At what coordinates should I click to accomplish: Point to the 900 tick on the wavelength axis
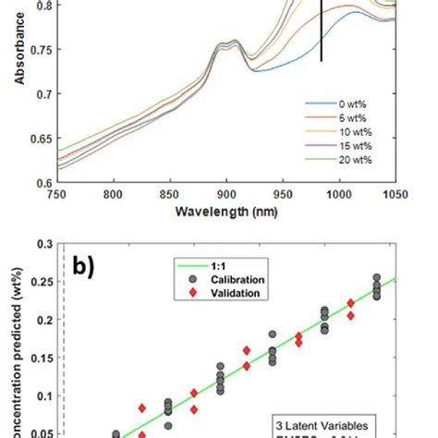(x=226, y=195)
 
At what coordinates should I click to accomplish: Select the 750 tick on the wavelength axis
(x=57, y=195)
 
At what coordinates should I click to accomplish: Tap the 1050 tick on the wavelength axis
(x=395, y=195)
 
